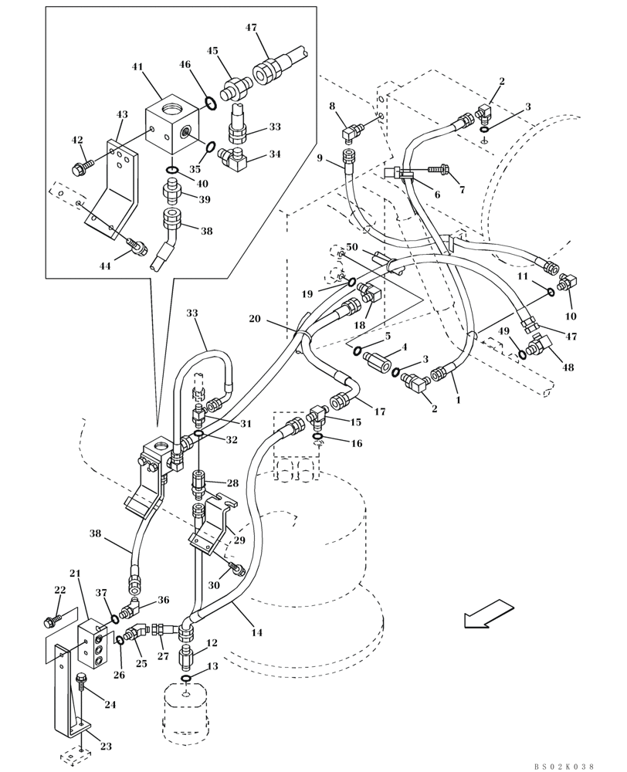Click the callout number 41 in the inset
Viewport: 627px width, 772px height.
[137, 67]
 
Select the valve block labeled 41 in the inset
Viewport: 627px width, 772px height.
[175, 124]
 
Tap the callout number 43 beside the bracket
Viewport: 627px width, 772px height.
[121, 114]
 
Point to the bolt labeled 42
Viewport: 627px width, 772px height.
[82, 165]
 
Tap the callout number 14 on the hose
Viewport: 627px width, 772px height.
[256, 632]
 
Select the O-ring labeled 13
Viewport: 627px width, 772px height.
[187, 679]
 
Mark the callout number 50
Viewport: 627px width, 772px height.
[352, 246]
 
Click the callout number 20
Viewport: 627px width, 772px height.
[254, 318]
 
